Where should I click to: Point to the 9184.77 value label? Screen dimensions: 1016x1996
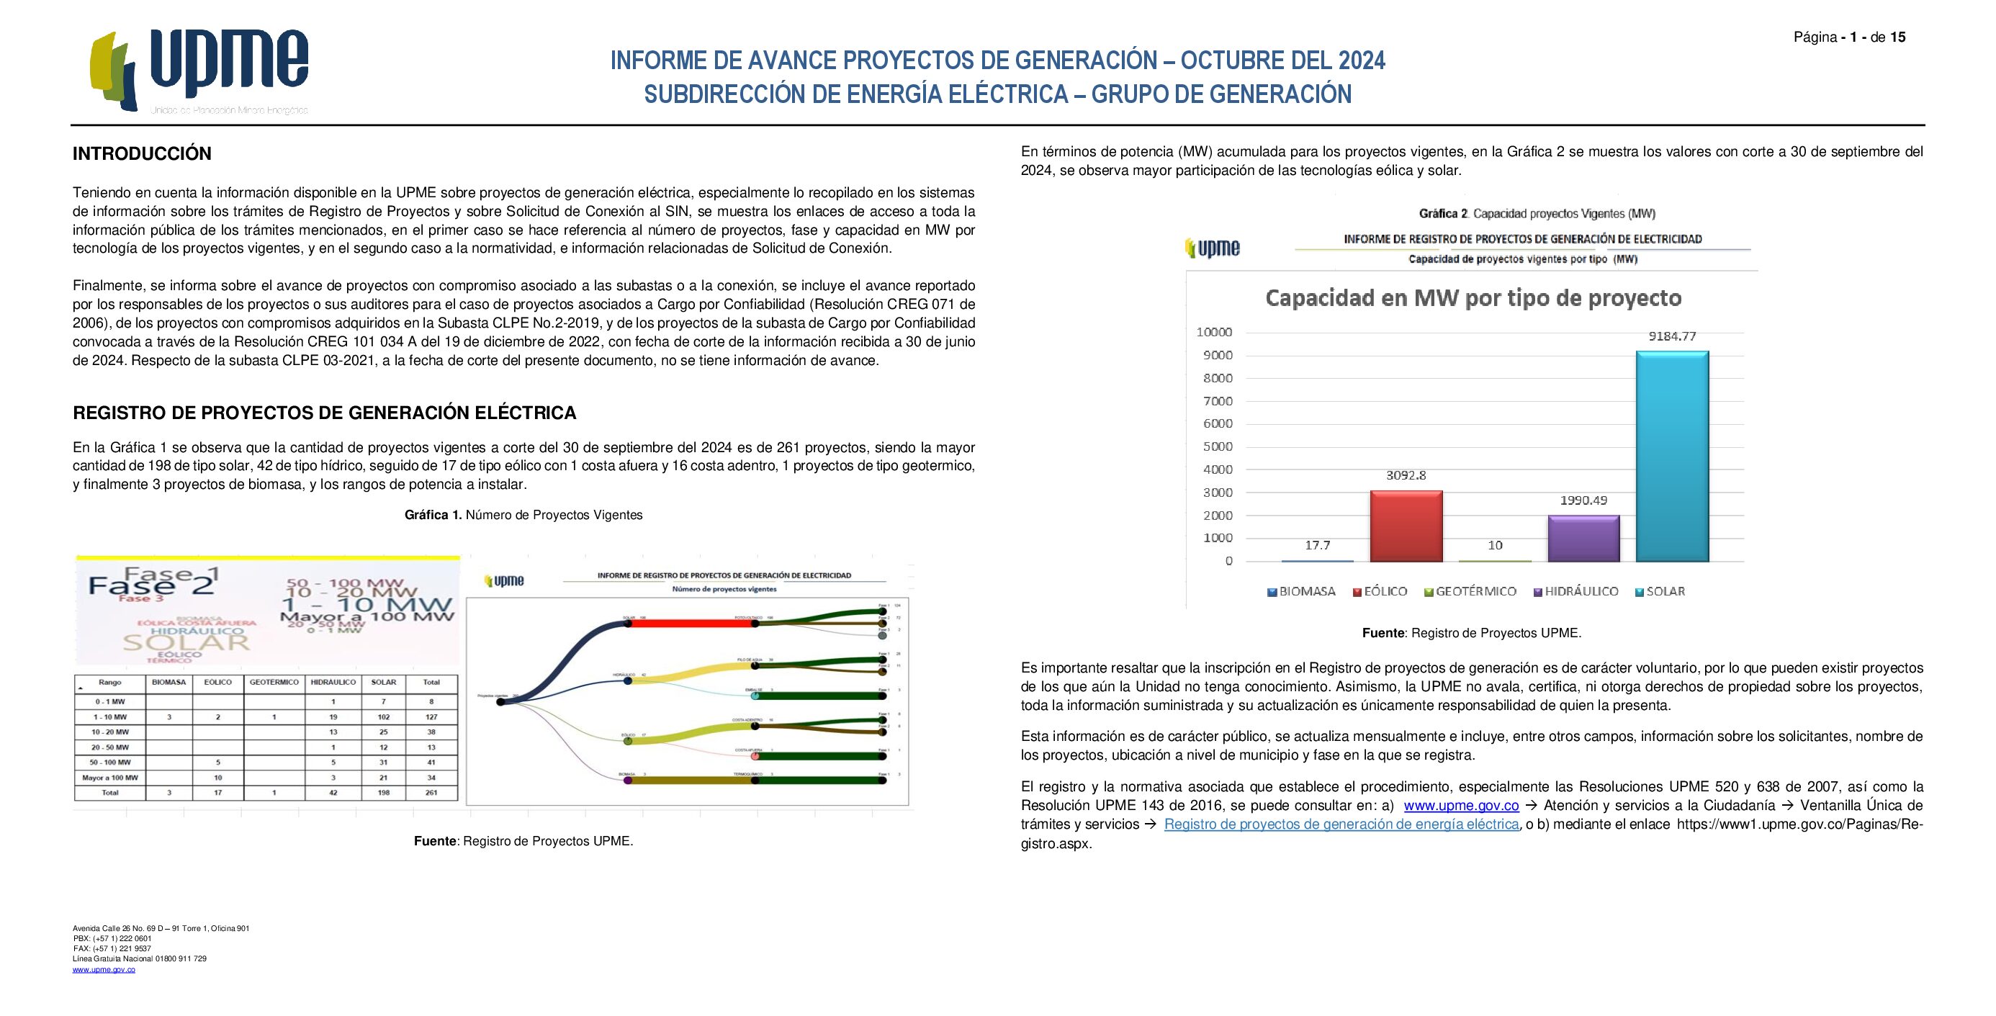pyautogui.click(x=1672, y=336)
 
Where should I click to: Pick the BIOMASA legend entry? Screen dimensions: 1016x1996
pyautogui.click(x=1301, y=591)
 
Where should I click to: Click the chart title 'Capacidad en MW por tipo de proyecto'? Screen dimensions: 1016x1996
pyautogui.click(x=1473, y=298)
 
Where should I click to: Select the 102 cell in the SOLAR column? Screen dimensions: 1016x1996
pyautogui.click(x=384, y=717)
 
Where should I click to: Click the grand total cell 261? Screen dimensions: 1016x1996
pyautogui.click(x=431, y=793)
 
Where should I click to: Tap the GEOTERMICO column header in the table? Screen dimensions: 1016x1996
pyautogui.click(x=274, y=683)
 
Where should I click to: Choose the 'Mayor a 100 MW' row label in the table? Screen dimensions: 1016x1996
pyautogui.click(x=110, y=778)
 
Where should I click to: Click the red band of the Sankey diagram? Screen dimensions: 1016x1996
pyautogui.click(x=690, y=623)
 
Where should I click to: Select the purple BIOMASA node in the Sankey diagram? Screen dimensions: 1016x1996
pyautogui.click(x=628, y=780)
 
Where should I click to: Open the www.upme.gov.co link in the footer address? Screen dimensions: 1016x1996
pyautogui.click(x=104, y=969)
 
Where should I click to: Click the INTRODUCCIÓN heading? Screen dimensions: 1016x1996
pyautogui.click(x=142, y=153)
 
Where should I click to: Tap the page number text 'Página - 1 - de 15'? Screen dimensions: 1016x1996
pyautogui.click(x=1849, y=37)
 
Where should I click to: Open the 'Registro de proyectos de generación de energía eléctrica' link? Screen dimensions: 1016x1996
pyautogui.click(x=1341, y=824)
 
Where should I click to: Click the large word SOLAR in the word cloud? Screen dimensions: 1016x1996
pyautogui.click(x=186, y=642)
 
